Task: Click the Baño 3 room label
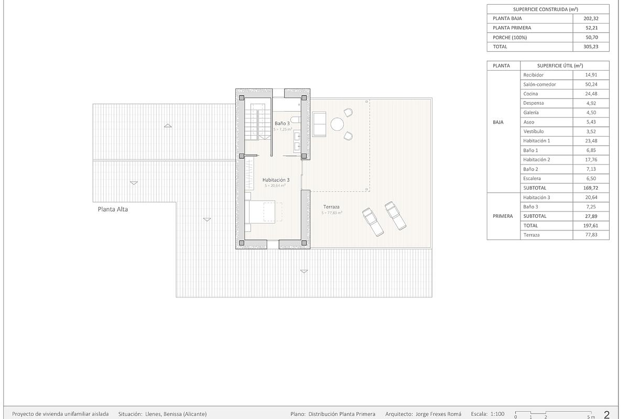(282, 123)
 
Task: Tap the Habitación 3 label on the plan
(276, 180)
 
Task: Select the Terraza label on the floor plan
(331, 207)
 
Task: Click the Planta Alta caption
(113, 209)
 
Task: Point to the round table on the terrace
(337, 124)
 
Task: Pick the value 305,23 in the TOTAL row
(590, 47)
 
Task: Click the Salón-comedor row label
(539, 84)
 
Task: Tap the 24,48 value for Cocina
(590, 94)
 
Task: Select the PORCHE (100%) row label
(509, 37)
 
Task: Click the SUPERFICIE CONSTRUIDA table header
(548, 9)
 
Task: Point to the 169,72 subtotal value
(590, 188)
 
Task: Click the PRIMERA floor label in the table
(503, 216)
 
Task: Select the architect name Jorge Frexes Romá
(438, 414)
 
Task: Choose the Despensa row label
(533, 103)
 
